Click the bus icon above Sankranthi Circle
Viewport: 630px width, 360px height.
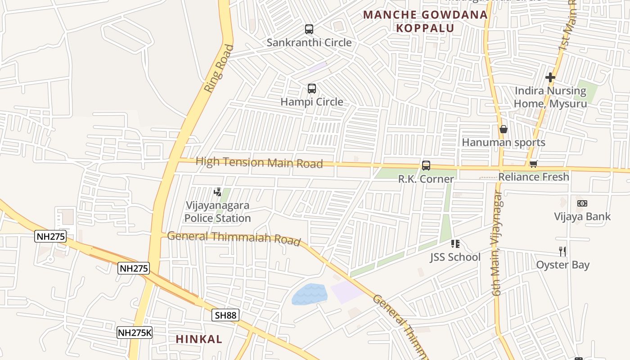309,29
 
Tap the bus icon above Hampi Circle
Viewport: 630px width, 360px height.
312,89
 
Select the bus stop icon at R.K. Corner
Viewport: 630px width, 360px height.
426,165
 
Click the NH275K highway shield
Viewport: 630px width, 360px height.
135,333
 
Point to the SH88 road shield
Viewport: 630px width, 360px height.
225,315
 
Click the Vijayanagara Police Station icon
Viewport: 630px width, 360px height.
218,192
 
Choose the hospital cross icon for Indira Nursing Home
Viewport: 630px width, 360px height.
550,77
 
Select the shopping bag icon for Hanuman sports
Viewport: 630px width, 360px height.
504,129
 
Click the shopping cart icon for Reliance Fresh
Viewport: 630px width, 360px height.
533,164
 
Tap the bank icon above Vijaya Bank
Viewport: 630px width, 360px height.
582,203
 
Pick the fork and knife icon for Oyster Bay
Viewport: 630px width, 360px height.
562,251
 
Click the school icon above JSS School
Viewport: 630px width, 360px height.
455,244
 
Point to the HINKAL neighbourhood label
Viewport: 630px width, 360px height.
199,339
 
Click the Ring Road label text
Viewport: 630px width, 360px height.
220,68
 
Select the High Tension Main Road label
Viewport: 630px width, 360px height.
259,162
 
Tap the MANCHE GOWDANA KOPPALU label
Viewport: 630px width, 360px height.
425,21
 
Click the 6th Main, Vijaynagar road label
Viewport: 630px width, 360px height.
497,243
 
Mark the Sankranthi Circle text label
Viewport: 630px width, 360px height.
309,43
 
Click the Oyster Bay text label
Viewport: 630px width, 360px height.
562,265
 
